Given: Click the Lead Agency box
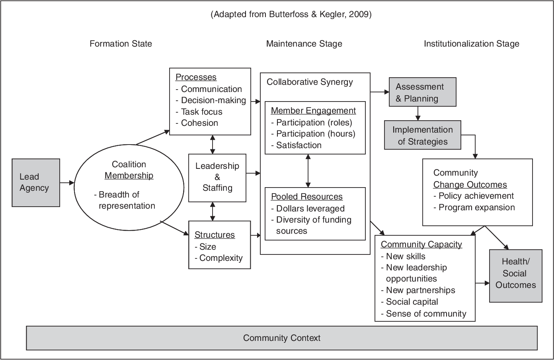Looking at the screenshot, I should (x=36, y=183).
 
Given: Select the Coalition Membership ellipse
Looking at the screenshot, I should (x=129, y=185).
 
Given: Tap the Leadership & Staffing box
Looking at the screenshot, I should (x=217, y=177).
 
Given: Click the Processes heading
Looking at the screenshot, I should (x=196, y=77).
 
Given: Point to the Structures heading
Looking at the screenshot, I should (x=215, y=235).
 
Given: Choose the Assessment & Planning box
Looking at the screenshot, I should (x=422, y=92).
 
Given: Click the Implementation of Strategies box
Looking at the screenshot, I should (x=422, y=135).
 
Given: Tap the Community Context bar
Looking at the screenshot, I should (x=281, y=338).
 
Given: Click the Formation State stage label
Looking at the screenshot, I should (x=121, y=44).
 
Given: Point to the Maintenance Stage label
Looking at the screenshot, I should (x=304, y=44).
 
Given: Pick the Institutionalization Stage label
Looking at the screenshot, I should (x=471, y=44).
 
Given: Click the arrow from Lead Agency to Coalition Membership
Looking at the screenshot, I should (x=67, y=183).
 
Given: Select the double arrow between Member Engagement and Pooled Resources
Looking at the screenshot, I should (x=308, y=171).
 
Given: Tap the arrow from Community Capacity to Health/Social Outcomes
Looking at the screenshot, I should (x=482, y=284).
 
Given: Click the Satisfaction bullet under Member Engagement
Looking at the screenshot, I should (x=298, y=145).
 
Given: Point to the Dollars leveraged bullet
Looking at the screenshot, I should (x=310, y=209).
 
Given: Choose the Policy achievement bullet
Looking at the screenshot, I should (x=476, y=196).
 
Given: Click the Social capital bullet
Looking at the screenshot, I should (x=412, y=302).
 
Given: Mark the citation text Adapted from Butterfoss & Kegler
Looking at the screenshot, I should (x=291, y=15).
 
